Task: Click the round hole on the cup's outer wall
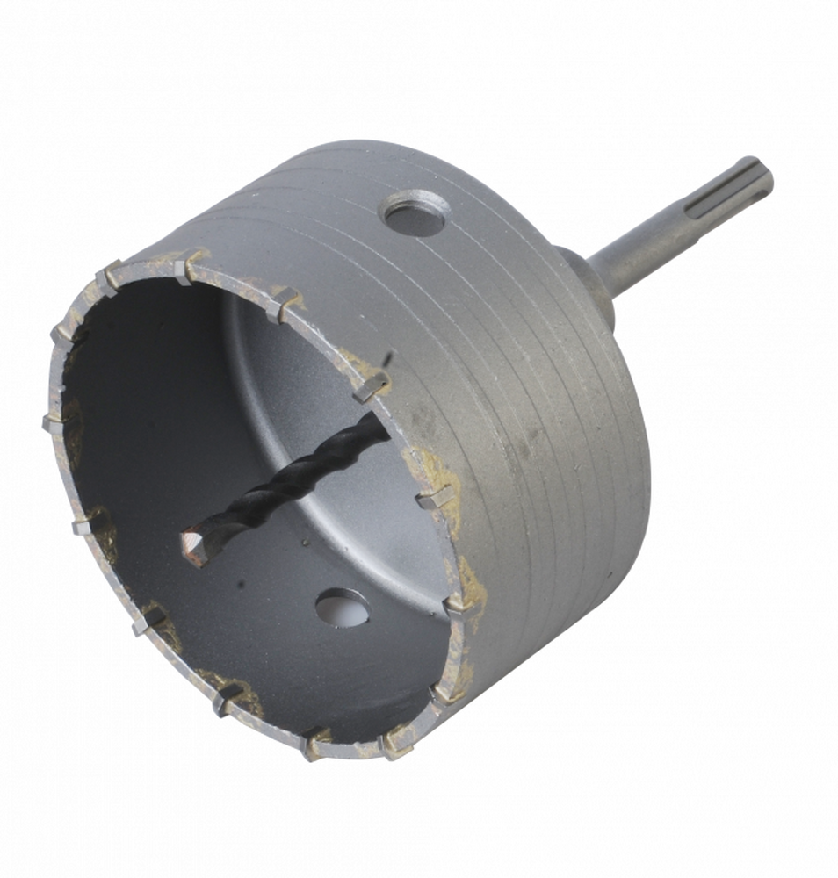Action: click(x=415, y=213)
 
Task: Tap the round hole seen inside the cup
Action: click(x=342, y=607)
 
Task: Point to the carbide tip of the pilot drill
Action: click(x=195, y=546)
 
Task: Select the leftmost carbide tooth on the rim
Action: click(x=51, y=423)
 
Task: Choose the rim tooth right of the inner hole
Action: click(x=458, y=605)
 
